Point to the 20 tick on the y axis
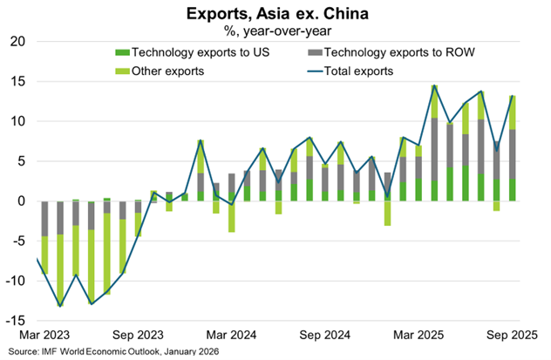pyautogui.click(x=17, y=42)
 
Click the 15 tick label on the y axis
pyautogui.click(x=17, y=82)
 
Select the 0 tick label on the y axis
pyautogui.click(x=20, y=201)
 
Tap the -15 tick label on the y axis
pyautogui.click(x=14, y=321)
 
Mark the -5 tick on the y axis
pyautogui.click(x=17, y=241)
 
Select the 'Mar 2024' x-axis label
pyautogui.click(x=232, y=334)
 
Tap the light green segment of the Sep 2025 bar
pyautogui.click(x=513, y=112)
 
